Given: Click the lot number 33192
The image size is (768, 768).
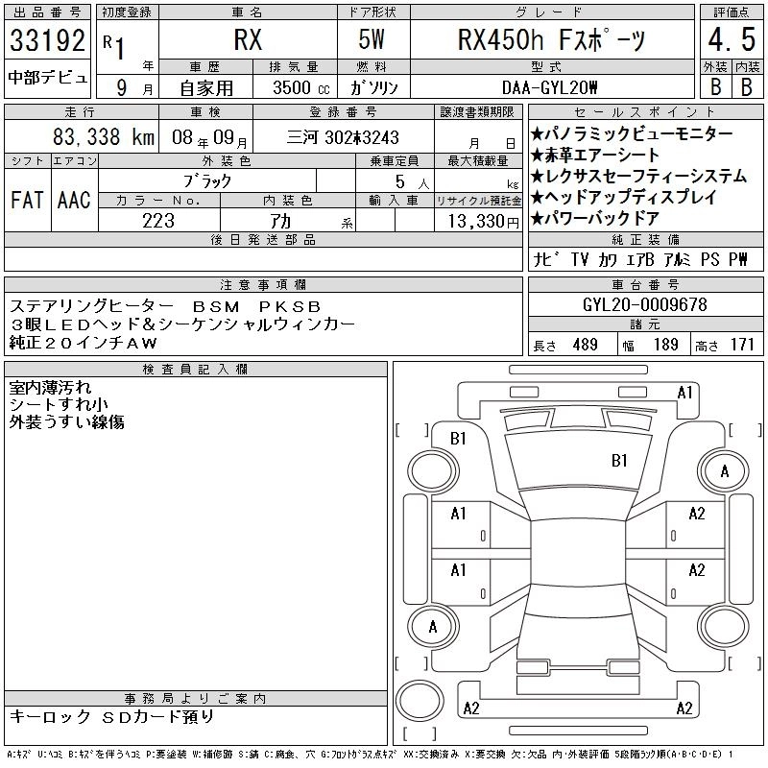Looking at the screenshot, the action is pos(47,40).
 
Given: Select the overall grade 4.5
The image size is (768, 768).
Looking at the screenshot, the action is pos(732,39).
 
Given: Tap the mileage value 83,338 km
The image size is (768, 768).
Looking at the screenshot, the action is pos(104,137).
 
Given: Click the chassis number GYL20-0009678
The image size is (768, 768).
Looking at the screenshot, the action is pos(644,304).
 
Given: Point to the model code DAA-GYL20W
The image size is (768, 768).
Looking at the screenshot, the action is pos(549,87).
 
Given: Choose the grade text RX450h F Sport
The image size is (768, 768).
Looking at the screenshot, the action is pos(551,39).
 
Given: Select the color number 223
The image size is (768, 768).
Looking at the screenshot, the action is pos(158,221).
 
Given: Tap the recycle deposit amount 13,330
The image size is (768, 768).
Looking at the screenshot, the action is pos(483,222).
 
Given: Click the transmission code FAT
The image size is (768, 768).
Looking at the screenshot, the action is pos(27,200).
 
